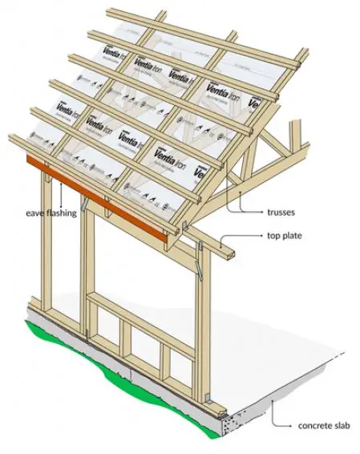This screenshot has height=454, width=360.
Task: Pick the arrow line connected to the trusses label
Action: pyautogui.click(x=245, y=205)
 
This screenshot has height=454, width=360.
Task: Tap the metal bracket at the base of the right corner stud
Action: pyautogui.click(x=206, y=396)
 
